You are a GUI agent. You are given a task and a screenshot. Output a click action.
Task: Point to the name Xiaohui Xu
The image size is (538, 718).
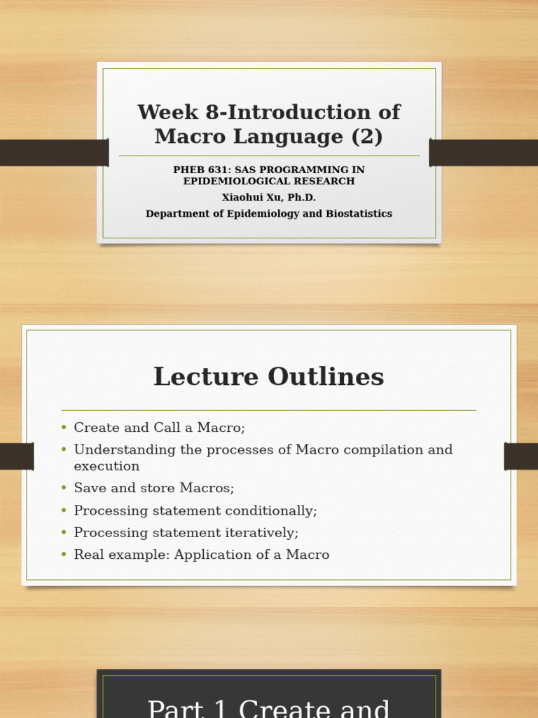[x=248, y=198]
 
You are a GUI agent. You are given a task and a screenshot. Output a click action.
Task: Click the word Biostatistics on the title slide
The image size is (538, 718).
[x=359, y=214]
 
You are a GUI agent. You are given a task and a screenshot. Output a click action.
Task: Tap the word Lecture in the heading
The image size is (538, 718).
[x=197, y=377]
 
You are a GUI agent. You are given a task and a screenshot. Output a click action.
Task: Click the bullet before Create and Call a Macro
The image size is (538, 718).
[x=64, y=428]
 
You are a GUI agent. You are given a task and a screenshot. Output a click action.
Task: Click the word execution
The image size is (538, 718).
[x=106, y=466]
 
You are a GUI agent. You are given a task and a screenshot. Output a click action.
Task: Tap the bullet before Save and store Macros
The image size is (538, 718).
[x=64, y=489]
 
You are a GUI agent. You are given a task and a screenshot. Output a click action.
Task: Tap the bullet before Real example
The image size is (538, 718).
[x=64, y=555]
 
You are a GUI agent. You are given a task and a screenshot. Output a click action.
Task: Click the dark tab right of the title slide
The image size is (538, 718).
[x=483, y=153]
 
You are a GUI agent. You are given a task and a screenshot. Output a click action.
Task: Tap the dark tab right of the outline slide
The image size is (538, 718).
[x=520, y=456]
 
